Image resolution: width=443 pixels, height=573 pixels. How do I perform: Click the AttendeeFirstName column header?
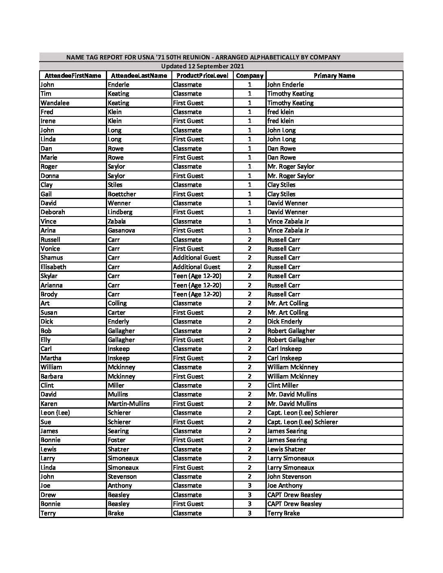point(72,76)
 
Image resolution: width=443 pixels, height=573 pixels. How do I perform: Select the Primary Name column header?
point(334,76)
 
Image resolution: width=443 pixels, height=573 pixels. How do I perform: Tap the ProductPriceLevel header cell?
point(202,76)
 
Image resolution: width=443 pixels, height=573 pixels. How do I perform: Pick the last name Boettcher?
point(122,194)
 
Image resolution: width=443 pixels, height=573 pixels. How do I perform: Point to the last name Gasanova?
point(121,230)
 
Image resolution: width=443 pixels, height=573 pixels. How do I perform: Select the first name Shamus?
point(52,258)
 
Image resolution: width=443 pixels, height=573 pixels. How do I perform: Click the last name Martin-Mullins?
point(129,404)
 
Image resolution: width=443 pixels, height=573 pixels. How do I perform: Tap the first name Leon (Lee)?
point(55,413)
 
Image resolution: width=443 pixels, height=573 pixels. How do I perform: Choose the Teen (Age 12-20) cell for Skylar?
point(197,276)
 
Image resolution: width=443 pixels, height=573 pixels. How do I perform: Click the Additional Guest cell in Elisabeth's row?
point(196,267)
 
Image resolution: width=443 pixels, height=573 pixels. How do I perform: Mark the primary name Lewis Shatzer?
point(286,449)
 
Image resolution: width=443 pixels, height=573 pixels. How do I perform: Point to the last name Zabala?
point(117,221)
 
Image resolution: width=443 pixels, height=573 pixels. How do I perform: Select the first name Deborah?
point(53,212)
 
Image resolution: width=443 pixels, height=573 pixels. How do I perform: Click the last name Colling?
point(117,303)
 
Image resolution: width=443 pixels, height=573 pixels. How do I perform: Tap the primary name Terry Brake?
point(283,513)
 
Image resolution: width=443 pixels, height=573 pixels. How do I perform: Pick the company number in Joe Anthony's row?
point(250,486)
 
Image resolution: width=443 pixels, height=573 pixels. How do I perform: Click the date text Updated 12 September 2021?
point(202,66)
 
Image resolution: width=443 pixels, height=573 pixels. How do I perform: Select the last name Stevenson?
point(122,477)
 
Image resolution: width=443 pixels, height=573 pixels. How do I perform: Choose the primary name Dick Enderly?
point(285,321)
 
